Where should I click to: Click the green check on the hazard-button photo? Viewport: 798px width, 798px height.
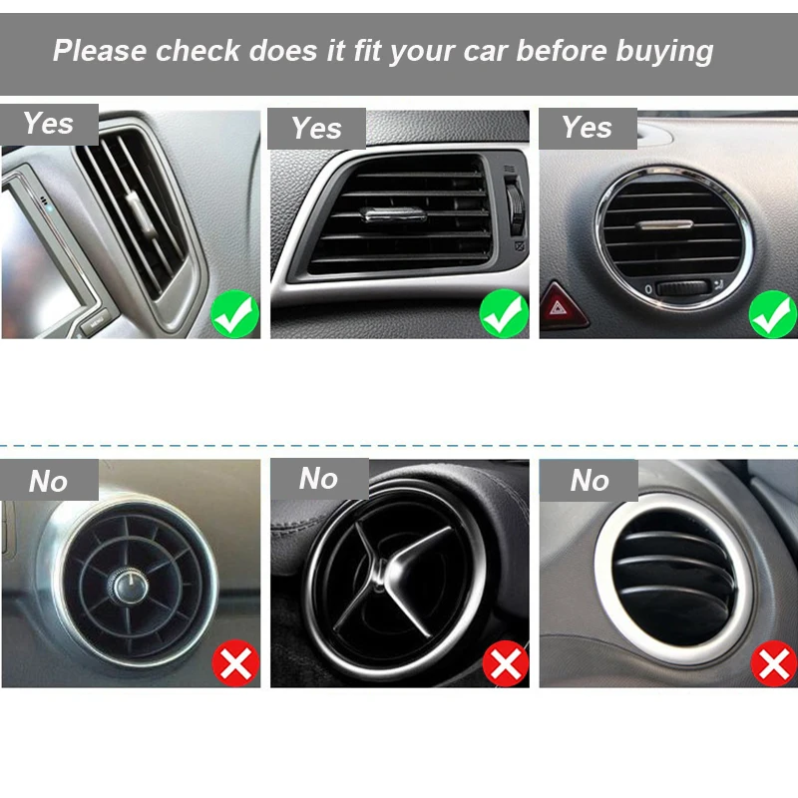pos(772,314)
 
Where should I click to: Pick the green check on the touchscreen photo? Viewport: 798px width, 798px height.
pos(235,315)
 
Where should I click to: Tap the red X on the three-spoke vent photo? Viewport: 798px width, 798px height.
pos(505,663)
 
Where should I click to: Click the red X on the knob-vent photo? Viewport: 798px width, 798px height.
pos(235,663)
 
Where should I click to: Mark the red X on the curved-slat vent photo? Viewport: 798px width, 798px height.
pos(773,663)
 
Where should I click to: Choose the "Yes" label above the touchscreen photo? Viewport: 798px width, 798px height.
pos(48,124)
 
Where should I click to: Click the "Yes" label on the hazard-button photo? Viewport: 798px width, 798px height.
pos(587,128)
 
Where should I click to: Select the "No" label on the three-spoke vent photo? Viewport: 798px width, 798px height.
pos(318,479)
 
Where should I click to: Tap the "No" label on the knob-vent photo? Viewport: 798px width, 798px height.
pos(48,482)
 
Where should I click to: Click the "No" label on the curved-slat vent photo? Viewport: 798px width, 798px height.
pos(589,482)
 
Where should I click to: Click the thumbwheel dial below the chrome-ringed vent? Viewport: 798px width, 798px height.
pos(682,288)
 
